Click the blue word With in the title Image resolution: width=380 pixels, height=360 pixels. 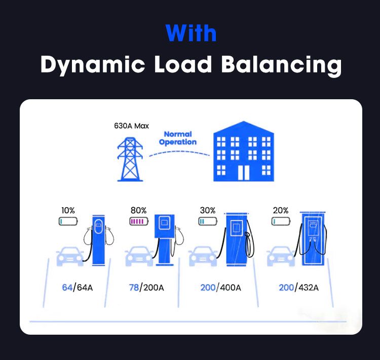[x=191, y=33]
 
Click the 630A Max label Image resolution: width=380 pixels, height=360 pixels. [x=131, y=126]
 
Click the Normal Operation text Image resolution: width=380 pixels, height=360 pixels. [x=177, y=138]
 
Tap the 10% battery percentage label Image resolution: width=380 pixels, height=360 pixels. [x=67, y=210]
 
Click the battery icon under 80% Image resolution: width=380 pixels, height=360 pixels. [x=138, y=221]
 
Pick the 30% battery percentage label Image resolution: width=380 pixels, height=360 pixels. [x=207, y=210]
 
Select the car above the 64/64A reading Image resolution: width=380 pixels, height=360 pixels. [x=69, y=256]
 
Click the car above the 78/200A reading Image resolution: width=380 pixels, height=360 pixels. [x=139, y=256]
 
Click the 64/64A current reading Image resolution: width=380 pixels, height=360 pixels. [x=77, y=288]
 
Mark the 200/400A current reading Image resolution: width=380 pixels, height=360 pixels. [x=220, y=288]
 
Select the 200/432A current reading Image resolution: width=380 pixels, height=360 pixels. [x=298, y=288]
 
